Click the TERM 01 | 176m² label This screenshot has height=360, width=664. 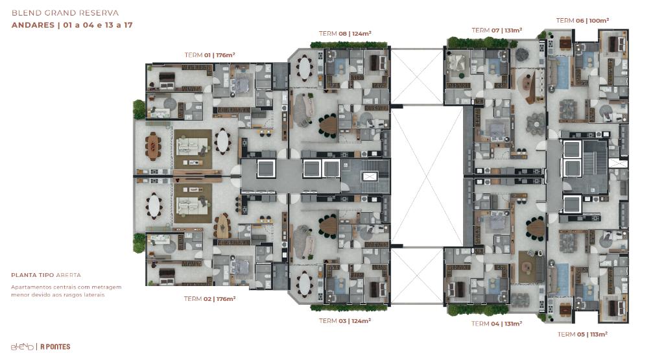click(209, 55)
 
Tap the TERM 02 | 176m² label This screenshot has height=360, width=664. click(209, 298)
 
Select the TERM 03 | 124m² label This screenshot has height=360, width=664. click(345, 320)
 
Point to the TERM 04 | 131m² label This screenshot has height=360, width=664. click(497, 324)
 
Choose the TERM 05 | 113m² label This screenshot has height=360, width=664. click(582, 334)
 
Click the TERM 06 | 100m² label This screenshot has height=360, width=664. click(582, 20)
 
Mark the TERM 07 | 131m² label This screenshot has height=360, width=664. click(497, 30)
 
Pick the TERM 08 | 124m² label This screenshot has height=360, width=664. click(345, 34)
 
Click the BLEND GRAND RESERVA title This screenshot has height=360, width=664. click(65, 13)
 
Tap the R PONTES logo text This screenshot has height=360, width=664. click(55, 346)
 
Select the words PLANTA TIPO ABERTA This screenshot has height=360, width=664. click(46, 275)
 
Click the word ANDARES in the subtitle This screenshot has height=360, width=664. click(33, 25)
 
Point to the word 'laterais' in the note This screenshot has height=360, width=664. click(93, 294)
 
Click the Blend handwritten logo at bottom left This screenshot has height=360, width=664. click(22, 346)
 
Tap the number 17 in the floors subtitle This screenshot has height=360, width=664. click(128, 25)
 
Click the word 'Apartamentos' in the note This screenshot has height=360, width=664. click(31, 287)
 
